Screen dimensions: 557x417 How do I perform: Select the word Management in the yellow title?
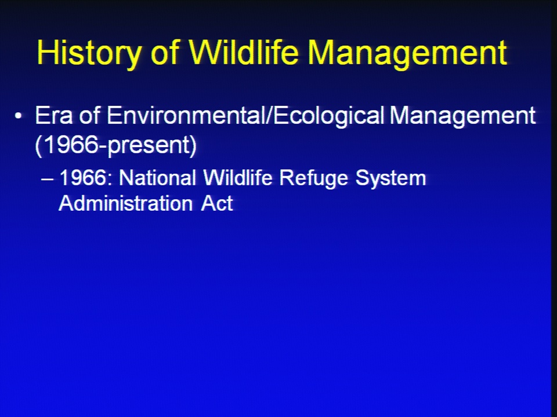pyautogui.click(x=407, y=54)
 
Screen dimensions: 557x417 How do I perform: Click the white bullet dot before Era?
pyautogui.click(x=19, y=116)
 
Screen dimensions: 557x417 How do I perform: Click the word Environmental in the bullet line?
pyautogui.click(x=186, y=115)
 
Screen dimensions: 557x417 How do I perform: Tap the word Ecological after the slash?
pyautogui.click(x=328, y=116)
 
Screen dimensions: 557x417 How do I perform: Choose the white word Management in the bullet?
pyautogui.click(x=462, y=116)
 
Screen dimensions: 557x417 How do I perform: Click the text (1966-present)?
pyautogui.click(x=116, y=145)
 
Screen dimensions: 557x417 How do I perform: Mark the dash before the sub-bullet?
pyautogui.click(x=47, y=180)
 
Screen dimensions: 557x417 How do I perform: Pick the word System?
pyautogui.click(x=390, y=178)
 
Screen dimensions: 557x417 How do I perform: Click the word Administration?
pyautogui.click(x=125, y=203)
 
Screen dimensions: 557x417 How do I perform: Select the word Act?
pyautogui.click(x=216, y=203)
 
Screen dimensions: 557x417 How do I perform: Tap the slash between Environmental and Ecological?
pyautogui.click(x=269, y=115)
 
